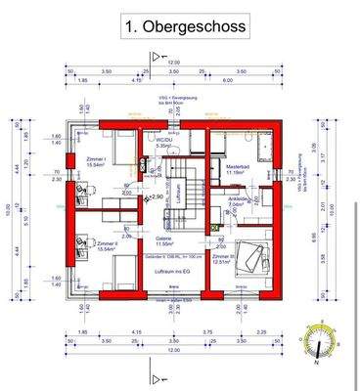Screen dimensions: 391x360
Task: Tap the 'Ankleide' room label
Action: (x=239, y=199)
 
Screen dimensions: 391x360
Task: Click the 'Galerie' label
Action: (x=164, y=238)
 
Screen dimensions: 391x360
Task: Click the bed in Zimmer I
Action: (x=117, y=147)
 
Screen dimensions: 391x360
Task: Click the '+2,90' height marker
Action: (x=156, y=196)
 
